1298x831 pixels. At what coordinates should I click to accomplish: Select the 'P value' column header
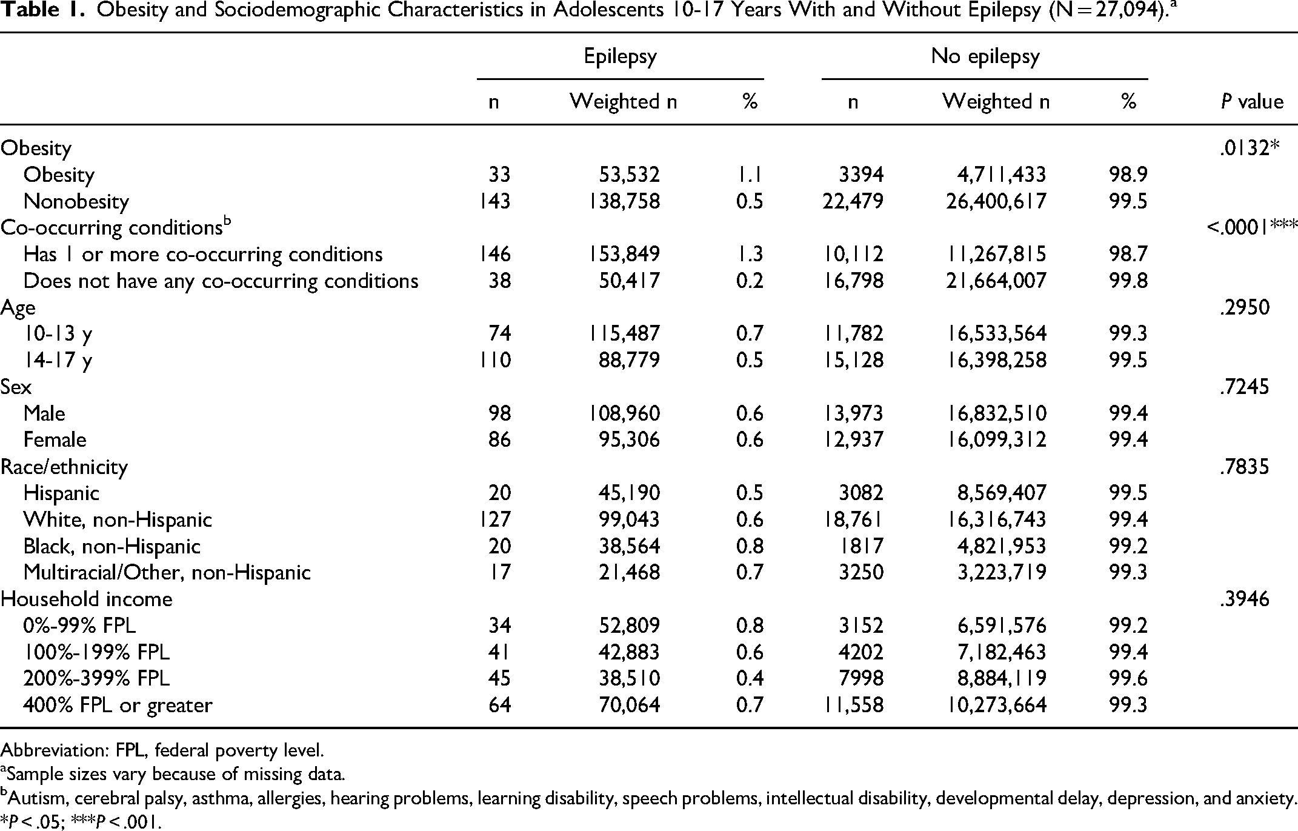(x=1252, y=102)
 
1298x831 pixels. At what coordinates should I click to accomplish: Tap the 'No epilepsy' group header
(x=985, y=56)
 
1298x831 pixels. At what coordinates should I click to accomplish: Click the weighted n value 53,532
(x=629, y=175)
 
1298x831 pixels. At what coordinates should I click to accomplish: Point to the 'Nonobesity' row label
(x=76, y=201)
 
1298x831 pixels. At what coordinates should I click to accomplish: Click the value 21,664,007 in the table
(x=996, y=281)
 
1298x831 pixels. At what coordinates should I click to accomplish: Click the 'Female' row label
(x=55, y=439)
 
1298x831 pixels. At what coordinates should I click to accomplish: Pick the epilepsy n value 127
(x=495, y=519)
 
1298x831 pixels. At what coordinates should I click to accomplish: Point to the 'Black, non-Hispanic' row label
(x=111, y=546)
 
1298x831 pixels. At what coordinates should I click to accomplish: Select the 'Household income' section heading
(x=86, y=599)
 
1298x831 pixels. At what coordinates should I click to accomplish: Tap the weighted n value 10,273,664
(x=996, y=705)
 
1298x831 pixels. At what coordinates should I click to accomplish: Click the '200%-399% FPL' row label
(x=96, y=678)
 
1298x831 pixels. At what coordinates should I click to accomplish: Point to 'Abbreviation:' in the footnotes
(x=53, y=750)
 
